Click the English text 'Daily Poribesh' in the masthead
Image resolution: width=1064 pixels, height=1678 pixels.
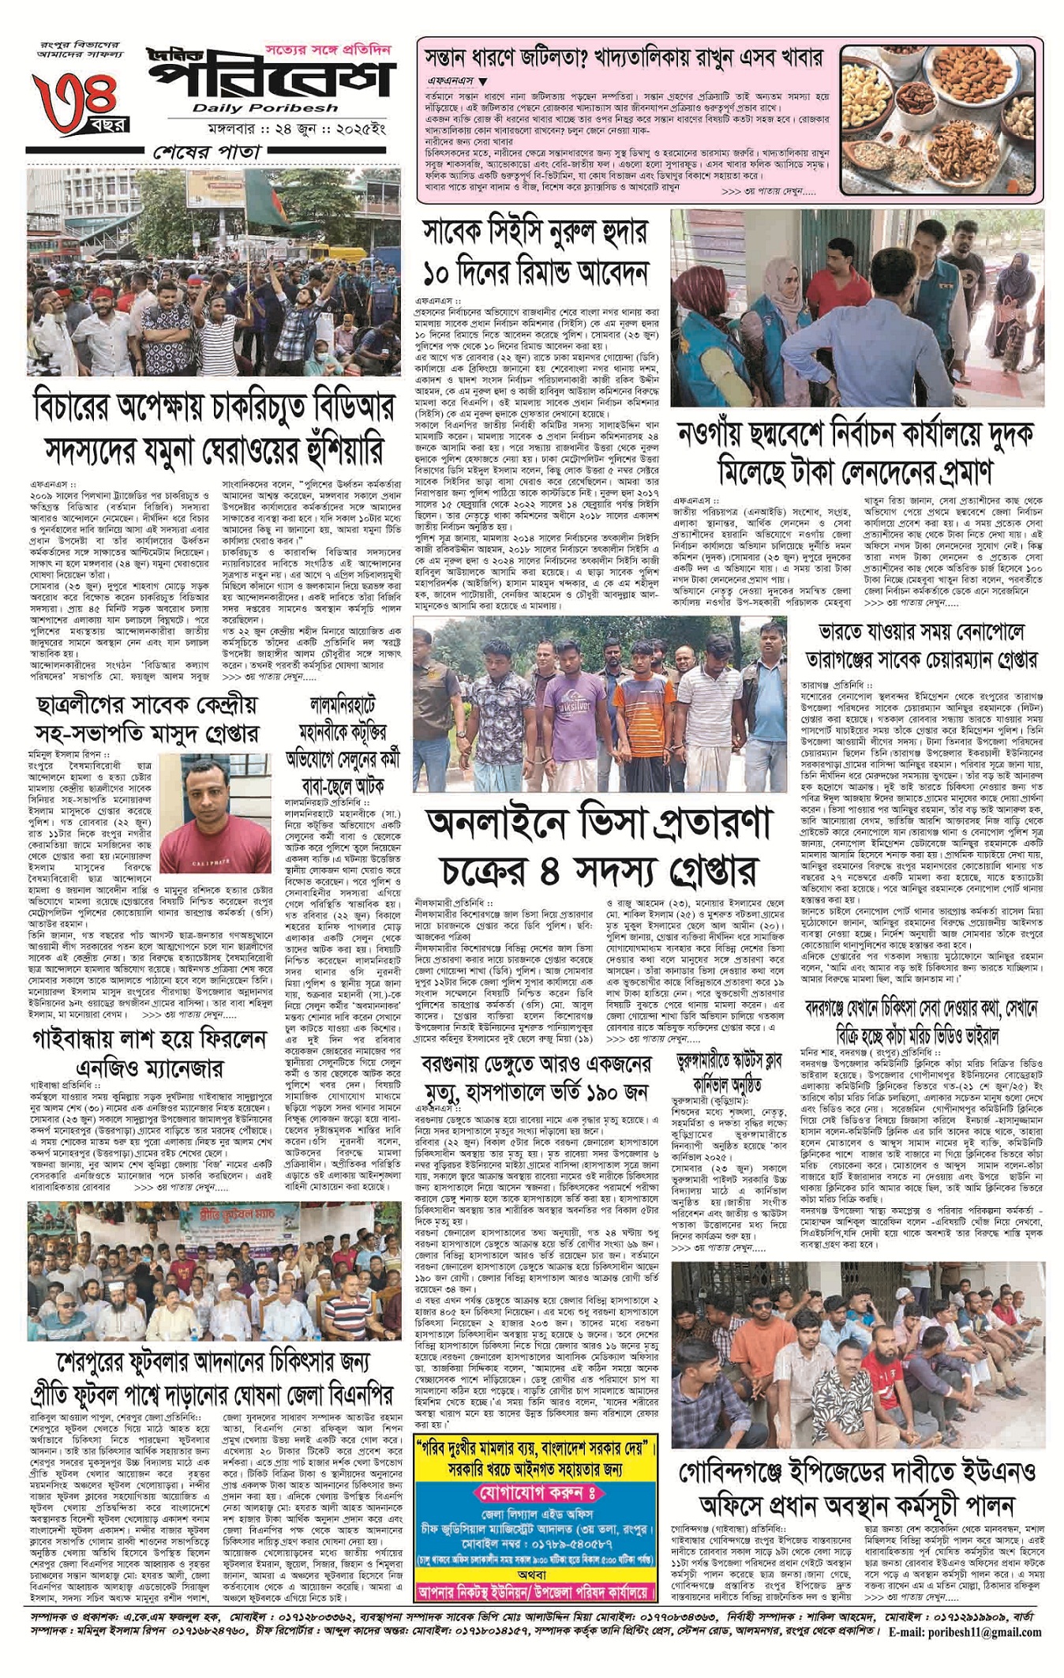[x=264, y=108]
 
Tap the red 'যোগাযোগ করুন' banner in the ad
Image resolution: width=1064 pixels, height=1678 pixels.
[x=537, y=1493]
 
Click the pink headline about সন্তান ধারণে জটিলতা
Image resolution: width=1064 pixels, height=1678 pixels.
[x=624, y=58]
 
